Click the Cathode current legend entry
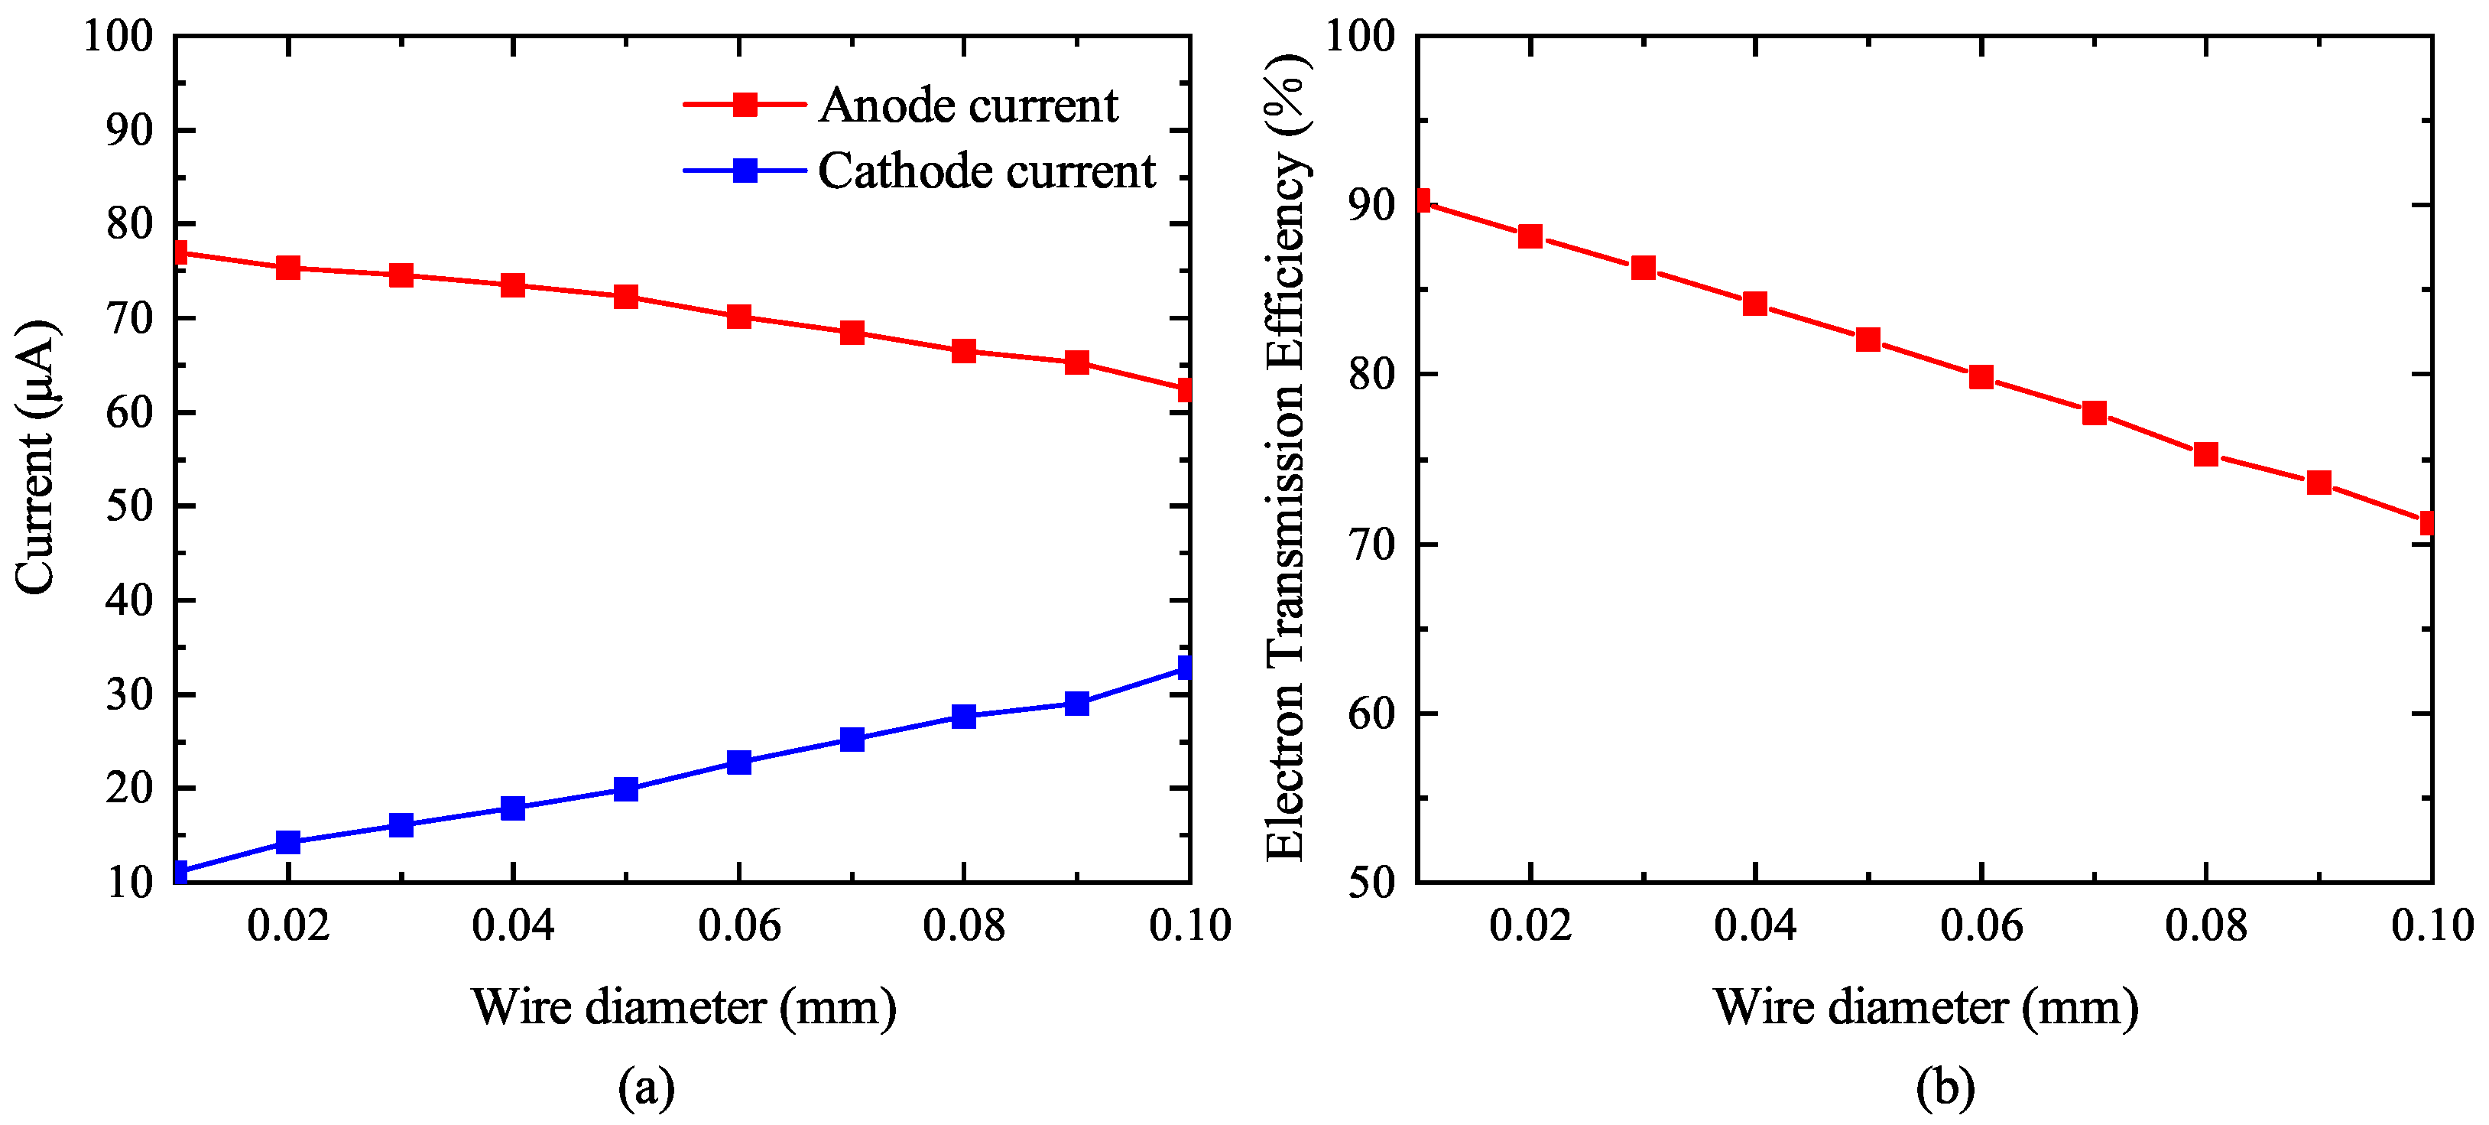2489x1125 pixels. pos(985,171)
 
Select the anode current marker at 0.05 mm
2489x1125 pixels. pos(626,297)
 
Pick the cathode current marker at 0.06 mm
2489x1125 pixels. pos(739,762)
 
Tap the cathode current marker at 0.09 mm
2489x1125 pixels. pos(1076,703)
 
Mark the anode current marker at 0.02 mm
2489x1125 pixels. pos(288,268)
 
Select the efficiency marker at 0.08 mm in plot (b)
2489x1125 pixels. pos(2206,454)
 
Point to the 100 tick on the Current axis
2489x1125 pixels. pos(118,37)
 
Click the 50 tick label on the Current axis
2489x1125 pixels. pos(128,506)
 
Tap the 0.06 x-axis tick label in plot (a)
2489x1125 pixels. pos(739,926)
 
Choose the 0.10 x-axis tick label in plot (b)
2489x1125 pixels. pos(2431,926)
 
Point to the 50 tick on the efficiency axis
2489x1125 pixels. pos(1372,882)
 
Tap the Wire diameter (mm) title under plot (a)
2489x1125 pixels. pos(683,1007)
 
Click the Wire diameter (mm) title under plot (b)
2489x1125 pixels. pos(1925,1007)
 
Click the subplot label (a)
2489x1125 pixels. pos(645,1088)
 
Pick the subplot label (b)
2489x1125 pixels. pos(1944,1088)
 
